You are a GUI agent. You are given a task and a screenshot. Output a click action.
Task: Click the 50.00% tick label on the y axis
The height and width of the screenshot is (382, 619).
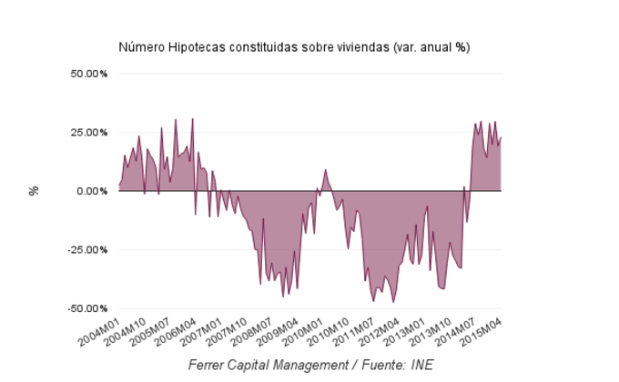click(x=88, y=74)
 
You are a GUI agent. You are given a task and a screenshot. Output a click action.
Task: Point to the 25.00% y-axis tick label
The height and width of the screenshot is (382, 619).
click(x=88, y=132)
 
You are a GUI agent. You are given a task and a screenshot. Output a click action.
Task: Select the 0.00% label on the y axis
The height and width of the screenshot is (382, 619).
click(x=91, y=191)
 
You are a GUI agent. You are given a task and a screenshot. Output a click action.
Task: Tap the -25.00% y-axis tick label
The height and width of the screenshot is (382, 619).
click(x=86, y=249)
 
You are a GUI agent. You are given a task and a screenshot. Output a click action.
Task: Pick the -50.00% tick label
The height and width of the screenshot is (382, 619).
click(x=86, y=308)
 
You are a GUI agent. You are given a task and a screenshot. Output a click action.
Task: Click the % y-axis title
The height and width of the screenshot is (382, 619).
click(x=34, y=191)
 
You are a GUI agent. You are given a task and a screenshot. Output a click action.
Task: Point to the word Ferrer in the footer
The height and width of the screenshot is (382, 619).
click(x=208, y=366)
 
